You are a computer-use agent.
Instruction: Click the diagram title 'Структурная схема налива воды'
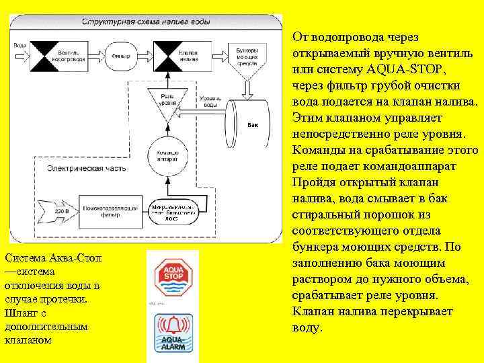pyautogui.click(x=145, y=22)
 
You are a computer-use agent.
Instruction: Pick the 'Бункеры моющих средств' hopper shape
pyautogui.click(x=249, y=58)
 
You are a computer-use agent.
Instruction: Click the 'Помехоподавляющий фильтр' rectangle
pyautogui.click(x=110, y=212)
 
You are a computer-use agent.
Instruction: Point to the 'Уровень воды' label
pyautogui.click(x=208, y=102)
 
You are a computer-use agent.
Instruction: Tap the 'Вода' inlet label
pyautogui.click(x=20, y=46)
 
